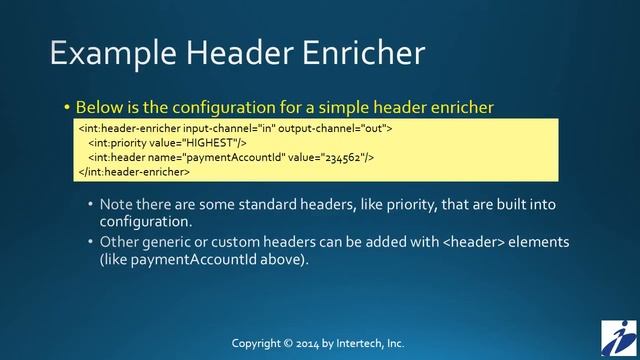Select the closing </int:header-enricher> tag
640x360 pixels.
coord(134,171)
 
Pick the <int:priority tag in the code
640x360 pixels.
coord(116,142)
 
